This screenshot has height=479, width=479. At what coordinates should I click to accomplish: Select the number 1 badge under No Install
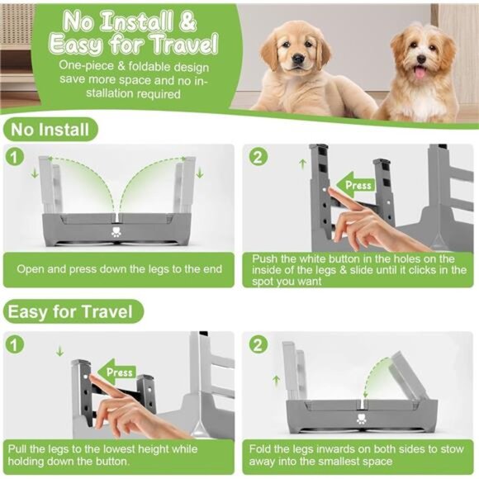tap(14, 157)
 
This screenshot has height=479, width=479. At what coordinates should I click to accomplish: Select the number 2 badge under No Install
tap(258, 157)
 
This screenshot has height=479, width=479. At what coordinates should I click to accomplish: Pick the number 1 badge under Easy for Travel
tap(14, 341)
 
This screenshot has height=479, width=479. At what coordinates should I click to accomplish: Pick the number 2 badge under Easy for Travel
tap(258, 341)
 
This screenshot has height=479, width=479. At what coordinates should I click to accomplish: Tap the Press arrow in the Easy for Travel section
tap(114, 372)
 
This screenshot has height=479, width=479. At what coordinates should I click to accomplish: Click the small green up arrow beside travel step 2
tap(276, 379)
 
